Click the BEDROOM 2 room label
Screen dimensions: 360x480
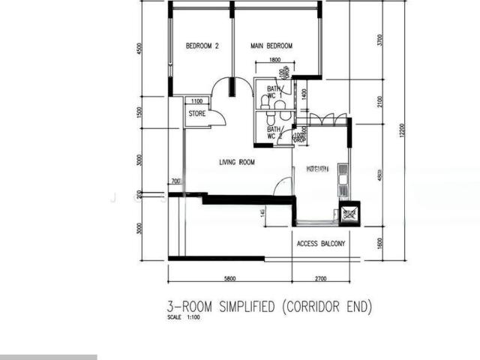click(202, 46)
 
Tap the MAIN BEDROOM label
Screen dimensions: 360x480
click(271, 46)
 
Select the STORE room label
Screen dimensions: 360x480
click(196, 114)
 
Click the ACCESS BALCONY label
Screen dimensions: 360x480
click(321, 244)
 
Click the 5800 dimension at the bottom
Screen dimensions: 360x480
click(229, 279)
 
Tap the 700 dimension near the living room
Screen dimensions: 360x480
click(175, 181)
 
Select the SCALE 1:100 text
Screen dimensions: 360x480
click(184, 317)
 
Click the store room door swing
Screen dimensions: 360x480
click(216, 117)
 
